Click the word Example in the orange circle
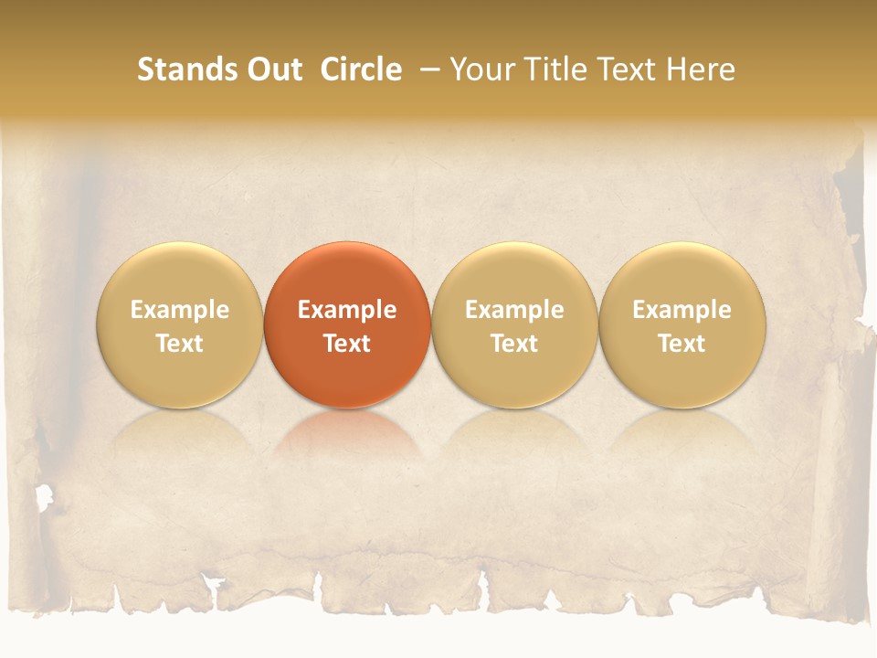(x=347, y=310)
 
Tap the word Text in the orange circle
(x=347, y=344)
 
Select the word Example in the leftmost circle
(x=180, y=310)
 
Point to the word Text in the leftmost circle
(x=180, y=344)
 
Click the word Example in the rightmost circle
(x=682, y=310)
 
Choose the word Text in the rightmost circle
(x=682, y=344)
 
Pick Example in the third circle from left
(x=514, y=310)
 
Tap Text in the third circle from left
(x=514, y=344)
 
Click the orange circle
(x=347, y=274)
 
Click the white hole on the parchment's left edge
(x=43, y=497)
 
